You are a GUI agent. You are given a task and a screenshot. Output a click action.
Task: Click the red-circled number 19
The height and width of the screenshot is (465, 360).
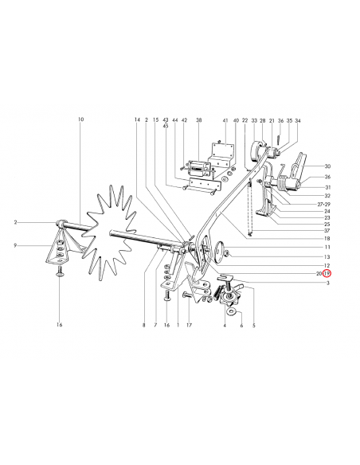coord(327,273)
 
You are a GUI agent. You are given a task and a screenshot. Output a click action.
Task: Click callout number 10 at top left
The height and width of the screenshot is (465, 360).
coord(81,119)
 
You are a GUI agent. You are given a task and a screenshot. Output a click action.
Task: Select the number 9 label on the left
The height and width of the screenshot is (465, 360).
coord(15,245)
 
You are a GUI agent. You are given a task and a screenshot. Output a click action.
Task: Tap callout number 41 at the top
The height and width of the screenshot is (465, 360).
coord(225,121)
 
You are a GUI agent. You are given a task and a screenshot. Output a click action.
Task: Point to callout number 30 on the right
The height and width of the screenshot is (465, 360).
coord(327,166)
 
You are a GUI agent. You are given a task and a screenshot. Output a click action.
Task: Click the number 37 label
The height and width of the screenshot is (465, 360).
coord(327,230)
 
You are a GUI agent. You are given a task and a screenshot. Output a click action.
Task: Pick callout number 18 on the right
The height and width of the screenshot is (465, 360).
coord(327,238)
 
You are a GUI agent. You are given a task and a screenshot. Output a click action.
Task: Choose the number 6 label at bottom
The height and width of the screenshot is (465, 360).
coord(241,326)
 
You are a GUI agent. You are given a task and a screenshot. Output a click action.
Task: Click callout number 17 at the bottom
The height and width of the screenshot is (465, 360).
coord(189,325)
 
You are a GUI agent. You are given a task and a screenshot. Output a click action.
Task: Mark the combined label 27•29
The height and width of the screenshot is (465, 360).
coord(325,204)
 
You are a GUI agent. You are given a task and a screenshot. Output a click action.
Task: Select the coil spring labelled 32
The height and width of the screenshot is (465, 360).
coord(284,182)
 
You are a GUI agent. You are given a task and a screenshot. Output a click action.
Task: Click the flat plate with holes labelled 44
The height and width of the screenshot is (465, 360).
coord(205,184)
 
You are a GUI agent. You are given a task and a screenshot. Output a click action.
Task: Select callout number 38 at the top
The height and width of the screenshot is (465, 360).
coord(198,120)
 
